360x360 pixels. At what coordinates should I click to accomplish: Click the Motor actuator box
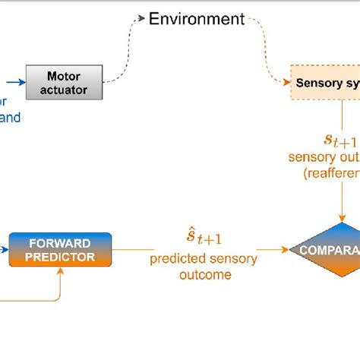click(x=64, y=83)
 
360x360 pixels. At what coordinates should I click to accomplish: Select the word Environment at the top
click(x=197, y=18)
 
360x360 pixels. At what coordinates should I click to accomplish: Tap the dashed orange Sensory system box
click(x=325, y=83)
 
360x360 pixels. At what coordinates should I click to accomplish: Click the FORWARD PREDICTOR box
click(x=60, y=249)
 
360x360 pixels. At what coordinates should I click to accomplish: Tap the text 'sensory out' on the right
click(x=324, y=157)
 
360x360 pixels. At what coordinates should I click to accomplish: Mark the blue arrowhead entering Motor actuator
click(x=22, y=81)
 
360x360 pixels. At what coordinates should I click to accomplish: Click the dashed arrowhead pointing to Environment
click(x=141, y=18)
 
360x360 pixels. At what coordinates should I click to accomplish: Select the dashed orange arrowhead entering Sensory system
click(x=287, y=82)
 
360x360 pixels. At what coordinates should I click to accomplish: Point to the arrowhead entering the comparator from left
click(x=286, y=248)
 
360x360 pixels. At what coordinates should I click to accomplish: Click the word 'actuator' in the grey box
click(x=64, y=90)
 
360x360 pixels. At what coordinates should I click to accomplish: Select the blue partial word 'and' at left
click(x=9, y=117)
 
